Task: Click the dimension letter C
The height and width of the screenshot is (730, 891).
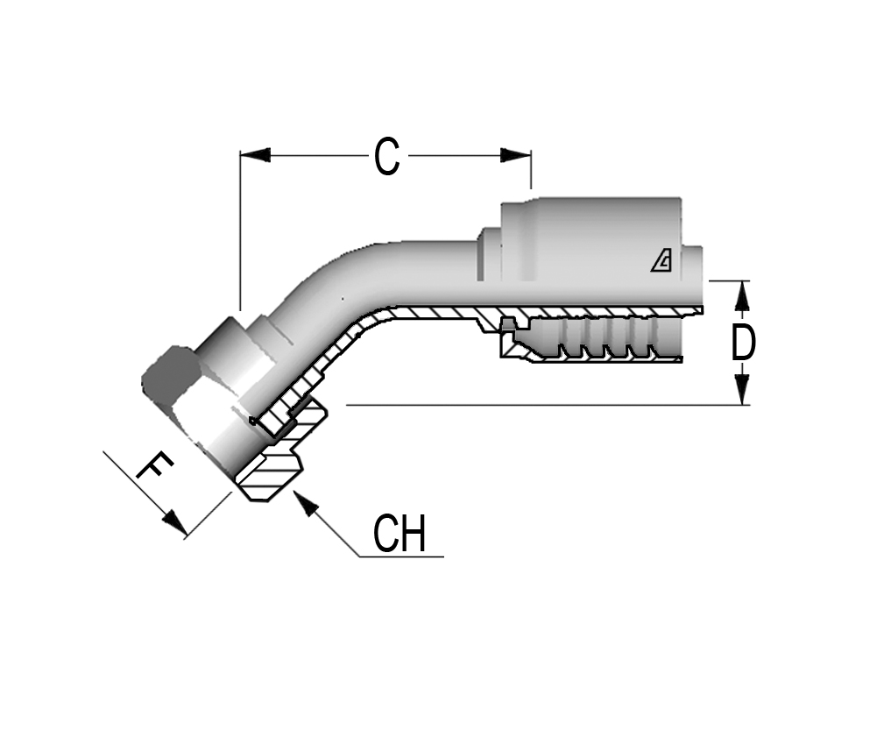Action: point(387,156)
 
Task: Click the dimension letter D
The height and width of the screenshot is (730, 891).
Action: point(743,343)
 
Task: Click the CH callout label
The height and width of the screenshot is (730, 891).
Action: point(400,534)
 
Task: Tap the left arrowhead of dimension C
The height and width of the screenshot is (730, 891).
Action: point(255,154)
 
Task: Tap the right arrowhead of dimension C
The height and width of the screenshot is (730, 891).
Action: point(516,154)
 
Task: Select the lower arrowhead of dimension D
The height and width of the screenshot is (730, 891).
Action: point(742,389)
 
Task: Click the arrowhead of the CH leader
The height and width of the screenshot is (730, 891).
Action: point(304,504)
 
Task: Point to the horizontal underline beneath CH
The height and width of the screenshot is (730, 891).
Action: point(401,556)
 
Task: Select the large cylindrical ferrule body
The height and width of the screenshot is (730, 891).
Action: point(591,238)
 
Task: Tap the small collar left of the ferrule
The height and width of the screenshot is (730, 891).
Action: point(489,254)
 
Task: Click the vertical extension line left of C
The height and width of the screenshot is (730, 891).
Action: point(240,231)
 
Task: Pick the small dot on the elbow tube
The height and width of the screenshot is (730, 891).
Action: point(342,299)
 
